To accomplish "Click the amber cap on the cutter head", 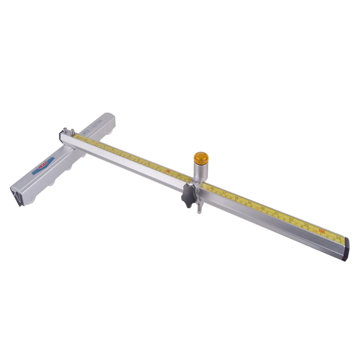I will [201, 158].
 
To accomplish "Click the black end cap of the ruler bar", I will [347, 249].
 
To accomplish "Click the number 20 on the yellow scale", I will [262, 208].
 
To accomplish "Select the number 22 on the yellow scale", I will [291, 219].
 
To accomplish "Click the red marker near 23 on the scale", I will [321, 230].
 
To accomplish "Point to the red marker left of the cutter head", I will [168, 171].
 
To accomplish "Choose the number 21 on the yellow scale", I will [276, 213].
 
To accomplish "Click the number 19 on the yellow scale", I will [249, 202].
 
